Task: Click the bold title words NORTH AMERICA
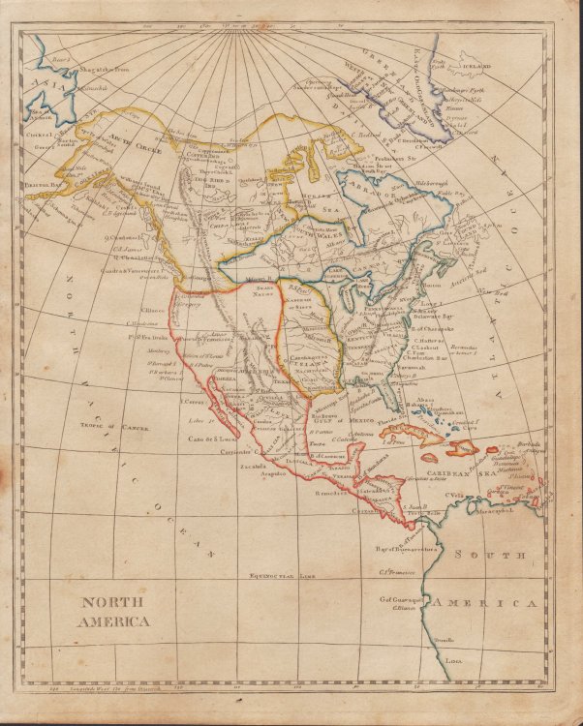(x=115, y=612)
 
